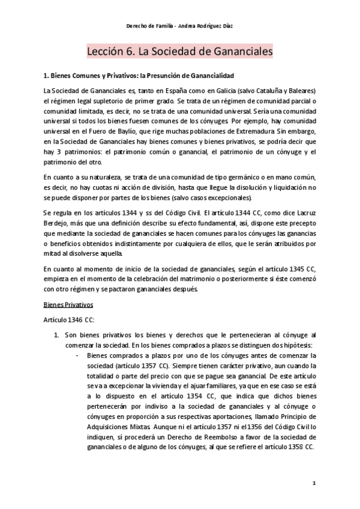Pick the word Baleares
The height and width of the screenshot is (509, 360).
tap(304, 90)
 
